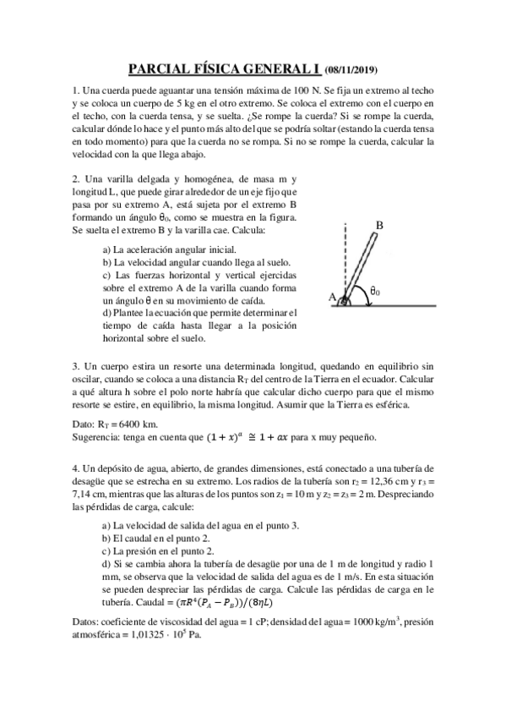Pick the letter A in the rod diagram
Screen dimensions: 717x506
pos(332,297)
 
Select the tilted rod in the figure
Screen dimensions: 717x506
pos(362,266)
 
